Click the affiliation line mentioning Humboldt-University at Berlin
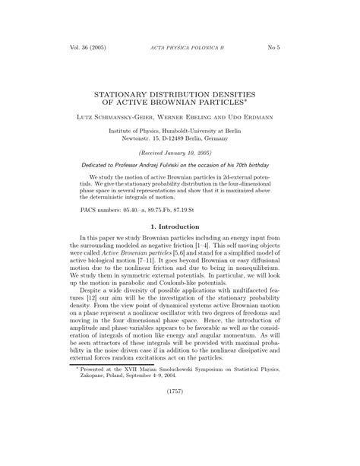179,132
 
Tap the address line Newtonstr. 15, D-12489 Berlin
179,140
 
